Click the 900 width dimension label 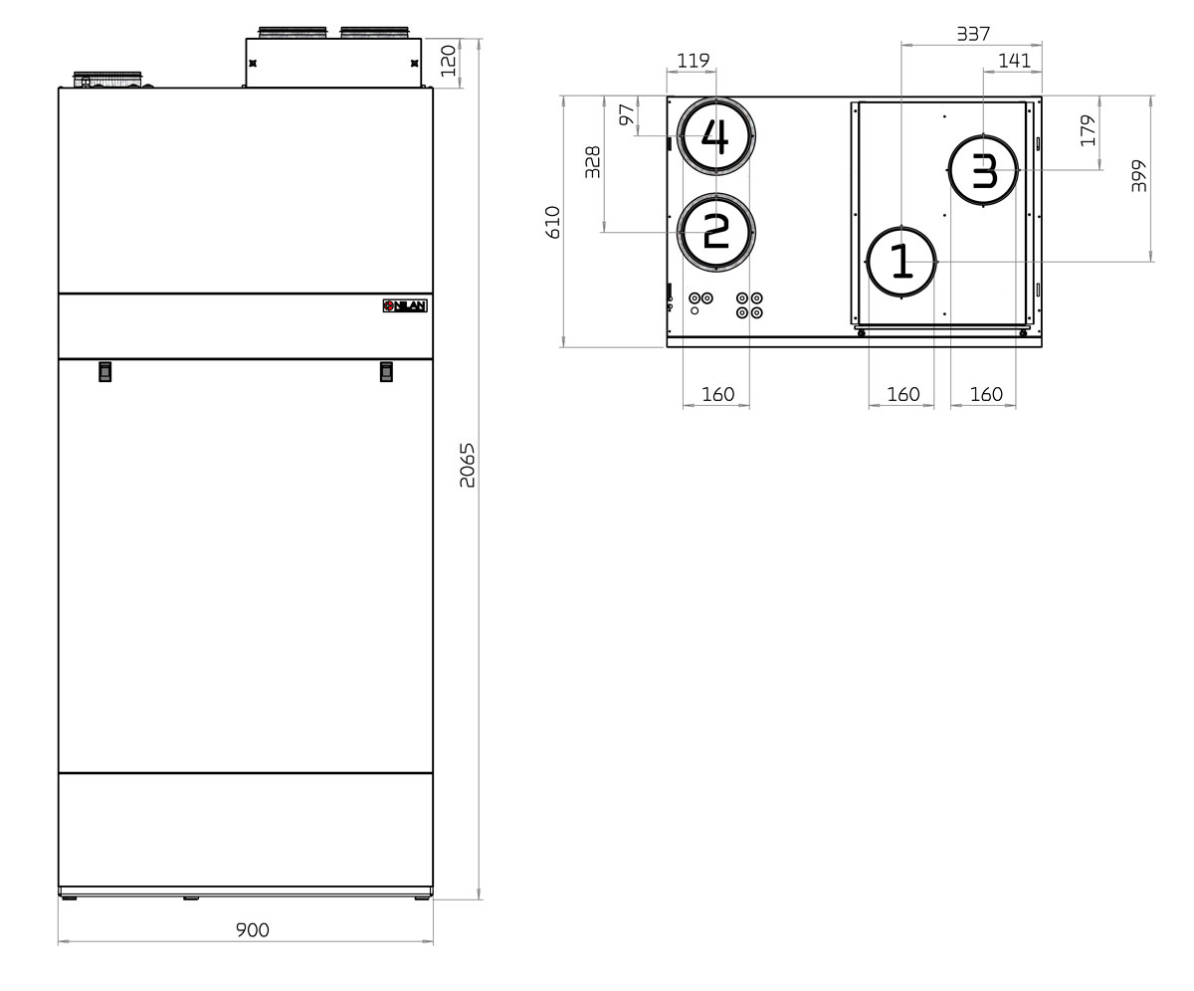click(252, 930)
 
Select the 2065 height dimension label click(468, 465)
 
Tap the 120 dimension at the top click(449, 62)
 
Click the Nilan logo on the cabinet click(405, 305)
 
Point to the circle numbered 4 click(715, 135)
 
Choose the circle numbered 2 click(715, 232)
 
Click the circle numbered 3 click(983, 171)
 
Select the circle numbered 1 click(901, 262)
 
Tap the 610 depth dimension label click(553, 221)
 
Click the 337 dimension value click(972, 34)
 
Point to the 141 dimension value click(1014, 61)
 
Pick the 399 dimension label click(1139, 176)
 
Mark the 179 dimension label click(1088, 130)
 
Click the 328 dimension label click(592, 162)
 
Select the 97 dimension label click(626, 114)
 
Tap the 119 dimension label click(693, 61)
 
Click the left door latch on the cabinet click(104, 371)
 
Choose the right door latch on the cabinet click(386, 371)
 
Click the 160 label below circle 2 click(717, 395)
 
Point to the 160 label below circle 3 click(985, 395)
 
